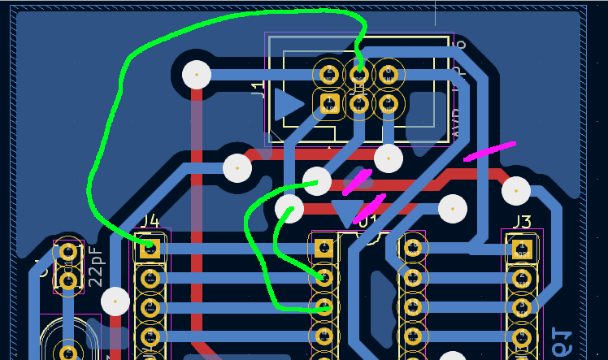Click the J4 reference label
coord(149,221)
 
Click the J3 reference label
coord(521,222)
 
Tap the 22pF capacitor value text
coord(95,267)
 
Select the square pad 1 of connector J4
coord(150,249)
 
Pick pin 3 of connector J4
coord(150,307)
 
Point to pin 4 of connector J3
coord(521,336)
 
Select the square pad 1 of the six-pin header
coord(329,102)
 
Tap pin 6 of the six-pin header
coord(388,75)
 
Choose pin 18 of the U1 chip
coord(413,306)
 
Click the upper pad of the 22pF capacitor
coord(68,252)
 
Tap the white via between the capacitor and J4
coord(115,301)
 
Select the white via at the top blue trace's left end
coord(197,75)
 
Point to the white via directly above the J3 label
coord(516,191)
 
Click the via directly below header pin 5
coord(389,158)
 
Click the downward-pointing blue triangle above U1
coord(348,212)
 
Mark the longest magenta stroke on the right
coord(489,151)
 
